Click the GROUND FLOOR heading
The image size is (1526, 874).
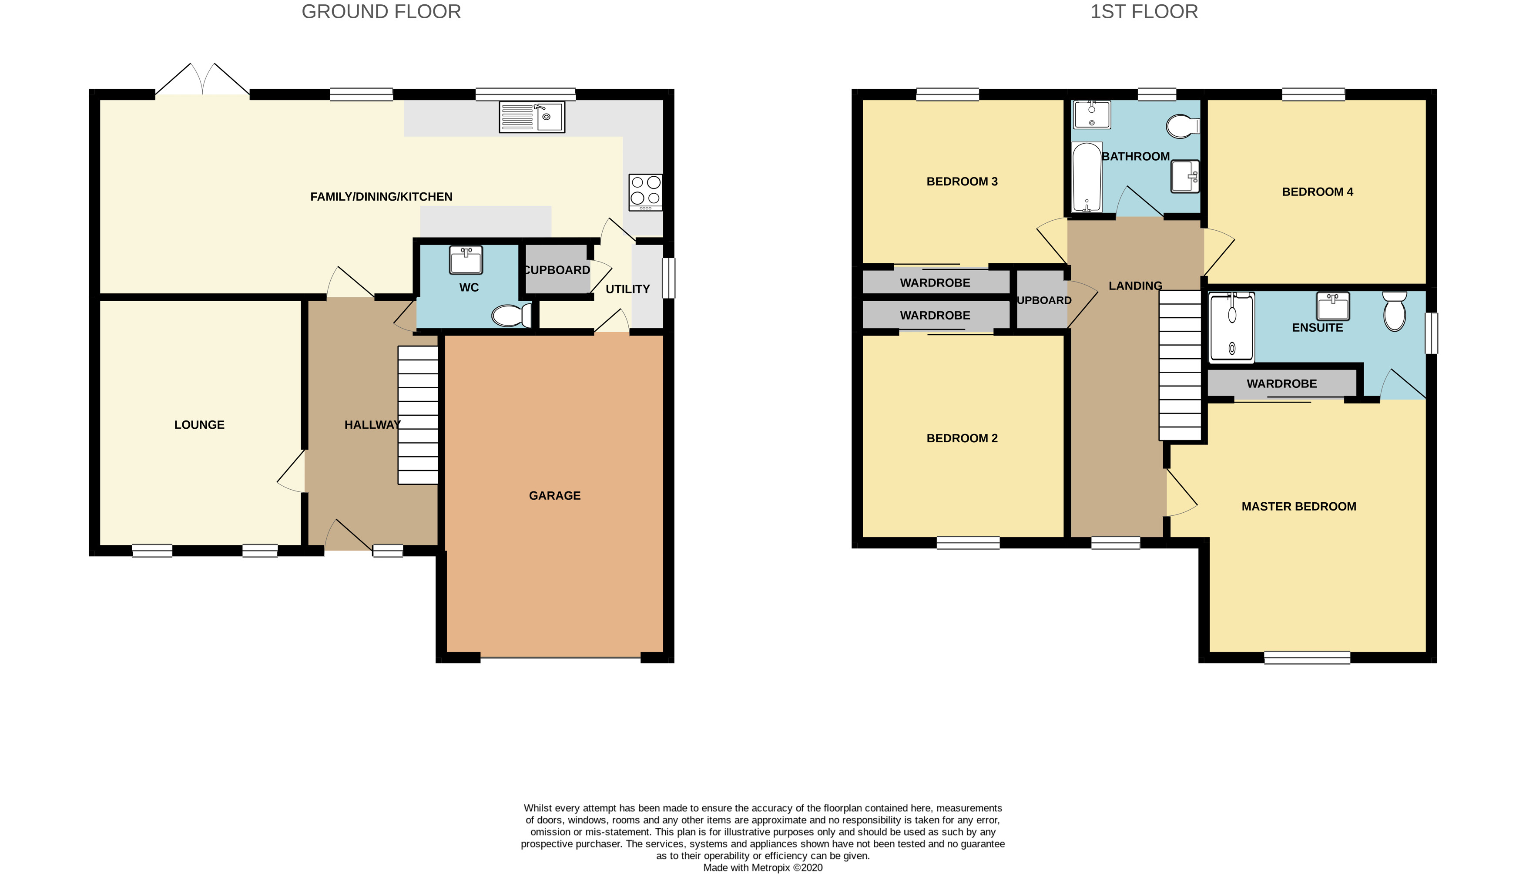point(381,12)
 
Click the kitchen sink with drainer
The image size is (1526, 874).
point(532,117)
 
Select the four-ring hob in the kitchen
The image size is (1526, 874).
point(645,192)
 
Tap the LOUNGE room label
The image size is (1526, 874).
point(199,425)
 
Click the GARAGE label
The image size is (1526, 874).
point(554,496)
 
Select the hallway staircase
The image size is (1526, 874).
point(418,415)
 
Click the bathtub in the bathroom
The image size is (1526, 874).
point(1087,177)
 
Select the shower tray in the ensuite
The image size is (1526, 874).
point(1231,328)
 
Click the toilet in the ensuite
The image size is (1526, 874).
point(1394,312)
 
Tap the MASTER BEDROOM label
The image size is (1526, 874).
point(1298,507)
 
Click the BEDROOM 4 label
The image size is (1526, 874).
point(1317,192)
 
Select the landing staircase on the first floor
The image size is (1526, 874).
point(1180,366)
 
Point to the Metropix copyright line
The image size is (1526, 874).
point(763,867)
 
